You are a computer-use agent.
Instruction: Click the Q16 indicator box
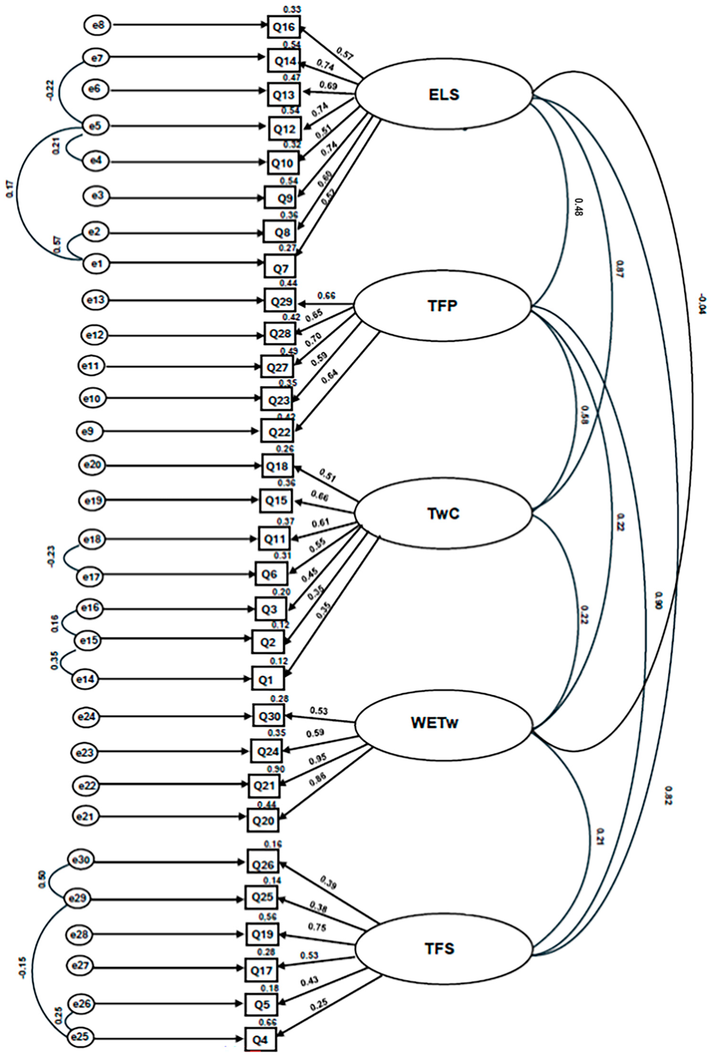click(x=284, y=27)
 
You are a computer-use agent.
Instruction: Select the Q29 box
click(x=280, y=301)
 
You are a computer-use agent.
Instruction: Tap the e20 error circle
click(x=92, y=465)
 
